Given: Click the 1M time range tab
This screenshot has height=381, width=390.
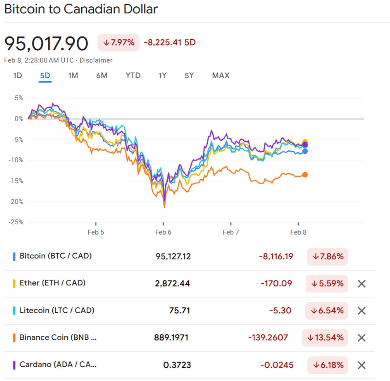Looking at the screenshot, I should click(x=73, y=75).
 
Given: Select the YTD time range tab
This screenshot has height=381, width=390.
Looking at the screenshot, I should click(x=133, y=75).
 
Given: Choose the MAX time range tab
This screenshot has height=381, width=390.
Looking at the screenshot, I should click(x=220, y=75).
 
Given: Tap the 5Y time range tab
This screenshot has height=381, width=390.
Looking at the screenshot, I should click(x=189, y=75).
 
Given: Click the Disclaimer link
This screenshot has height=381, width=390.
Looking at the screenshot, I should click(x=96, y=60).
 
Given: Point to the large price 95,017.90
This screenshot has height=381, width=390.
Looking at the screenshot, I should click(x=46, y=43).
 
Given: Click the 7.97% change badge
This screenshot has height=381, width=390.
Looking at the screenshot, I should click(x=119, y=43).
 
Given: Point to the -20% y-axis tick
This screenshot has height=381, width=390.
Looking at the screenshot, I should click(x=16, y=202).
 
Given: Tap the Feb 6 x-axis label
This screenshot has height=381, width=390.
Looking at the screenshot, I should click(x=163, y=232).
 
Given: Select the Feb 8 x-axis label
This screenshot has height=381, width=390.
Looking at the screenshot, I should click(x=298, y=232).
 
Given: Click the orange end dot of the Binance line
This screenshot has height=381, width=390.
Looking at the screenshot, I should click(x=305, y=175).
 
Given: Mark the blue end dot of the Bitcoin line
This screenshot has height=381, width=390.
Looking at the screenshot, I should click(x=305, y=151).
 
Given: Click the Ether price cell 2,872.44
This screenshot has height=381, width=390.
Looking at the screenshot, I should click(x=172, y=283).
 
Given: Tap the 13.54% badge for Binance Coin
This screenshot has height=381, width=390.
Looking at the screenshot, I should click(x=325, y=338).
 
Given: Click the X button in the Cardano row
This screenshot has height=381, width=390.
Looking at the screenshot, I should click(x=361, y=365).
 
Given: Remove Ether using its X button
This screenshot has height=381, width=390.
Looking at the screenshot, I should click(x=361, y=283).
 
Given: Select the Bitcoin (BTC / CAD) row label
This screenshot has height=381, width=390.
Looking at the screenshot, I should click(x=56, y=256).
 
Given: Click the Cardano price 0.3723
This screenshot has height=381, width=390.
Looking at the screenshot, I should click(x=177, y=365).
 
